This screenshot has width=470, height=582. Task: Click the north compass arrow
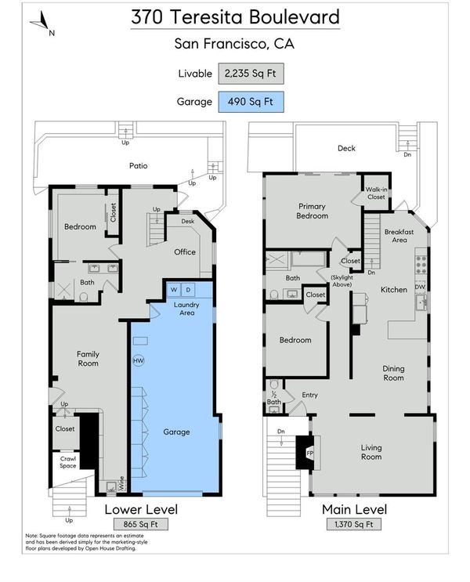coord(42,21)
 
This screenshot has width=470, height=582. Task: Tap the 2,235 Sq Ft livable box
coord(251,74)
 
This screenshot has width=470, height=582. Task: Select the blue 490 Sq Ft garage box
coord(251,102)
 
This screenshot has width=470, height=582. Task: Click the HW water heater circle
coord(139,360)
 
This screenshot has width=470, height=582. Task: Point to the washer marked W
coord(174,290)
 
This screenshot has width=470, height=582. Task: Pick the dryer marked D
coord(188,290)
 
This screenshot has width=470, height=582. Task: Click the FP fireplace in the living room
coord(309,454)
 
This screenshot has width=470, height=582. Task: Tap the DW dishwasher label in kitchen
coord(420,287)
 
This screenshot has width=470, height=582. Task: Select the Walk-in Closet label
coord(376,193)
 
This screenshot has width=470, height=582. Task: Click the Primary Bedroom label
coord(313,211)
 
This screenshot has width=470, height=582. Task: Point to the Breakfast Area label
coord(399,236)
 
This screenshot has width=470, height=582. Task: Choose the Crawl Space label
coord(68,462)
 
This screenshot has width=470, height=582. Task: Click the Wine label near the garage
coord(121,483)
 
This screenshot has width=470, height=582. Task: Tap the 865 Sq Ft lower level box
coord(141,524)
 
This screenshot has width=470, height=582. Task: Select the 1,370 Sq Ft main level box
coord(354,524)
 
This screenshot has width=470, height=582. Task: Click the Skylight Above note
coord(342,280)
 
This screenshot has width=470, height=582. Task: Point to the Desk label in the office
coord(188,221)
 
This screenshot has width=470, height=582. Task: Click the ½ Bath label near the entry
coord(274,398)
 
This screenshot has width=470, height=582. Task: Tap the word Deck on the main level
coord(346,148)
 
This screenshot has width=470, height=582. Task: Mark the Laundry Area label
coord(186,309)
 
